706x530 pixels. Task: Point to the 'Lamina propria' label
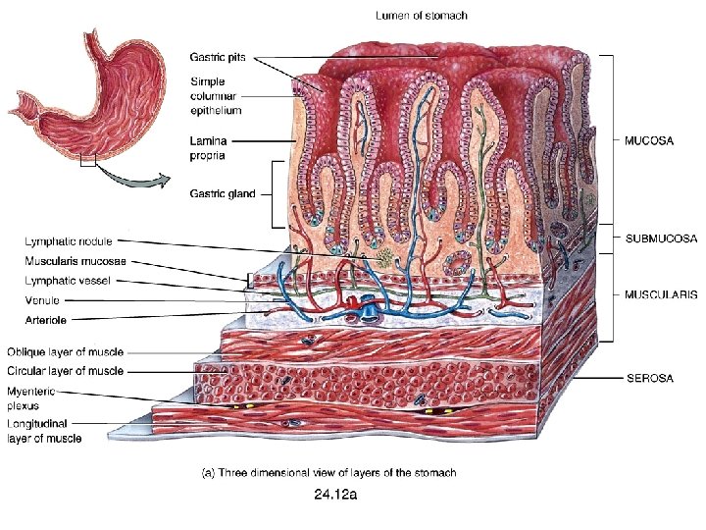click(x=210, y=147)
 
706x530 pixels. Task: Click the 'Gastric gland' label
click(x=222, y=193)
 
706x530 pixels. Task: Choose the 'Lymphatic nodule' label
click(x=68, y=240)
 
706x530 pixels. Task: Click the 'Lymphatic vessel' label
click(x=68, y=281)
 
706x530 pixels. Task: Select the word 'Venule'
click(x=42, y=299)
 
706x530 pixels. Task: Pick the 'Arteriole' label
click(x=46, y=318)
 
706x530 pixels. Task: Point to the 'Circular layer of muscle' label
click(x=65, y=371)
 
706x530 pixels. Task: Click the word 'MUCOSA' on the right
click(x=649, y=140)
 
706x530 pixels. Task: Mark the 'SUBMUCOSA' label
click(x=661, y=238)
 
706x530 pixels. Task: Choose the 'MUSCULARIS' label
click(x=661, y=293)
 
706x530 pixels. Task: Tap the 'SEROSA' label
click(x=650, y=378)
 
